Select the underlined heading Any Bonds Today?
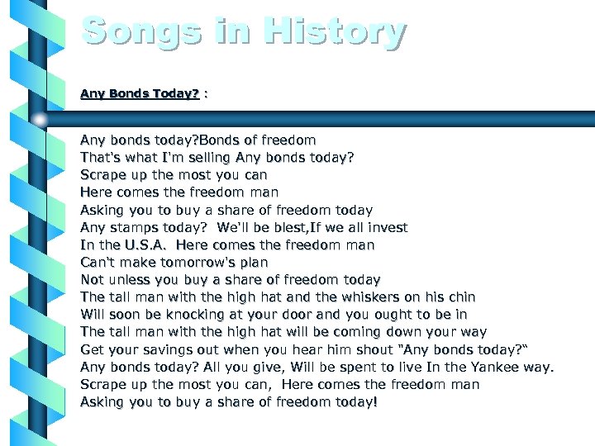tap(140, 94)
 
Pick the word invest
tap(388, 227)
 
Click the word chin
tap(463, 297)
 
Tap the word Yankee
tap(491, 367)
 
